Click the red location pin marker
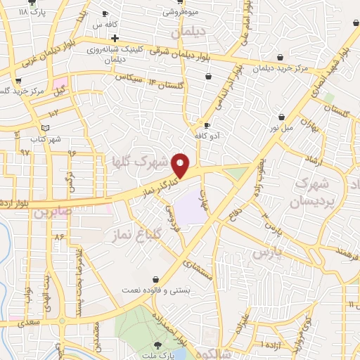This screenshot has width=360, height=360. point(181,165)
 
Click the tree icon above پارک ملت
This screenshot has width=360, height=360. point(156,345)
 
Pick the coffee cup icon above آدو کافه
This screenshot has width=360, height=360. point(207,125)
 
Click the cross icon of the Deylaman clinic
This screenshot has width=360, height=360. point(115,38)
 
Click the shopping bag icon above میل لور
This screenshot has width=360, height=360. point(281,117)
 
